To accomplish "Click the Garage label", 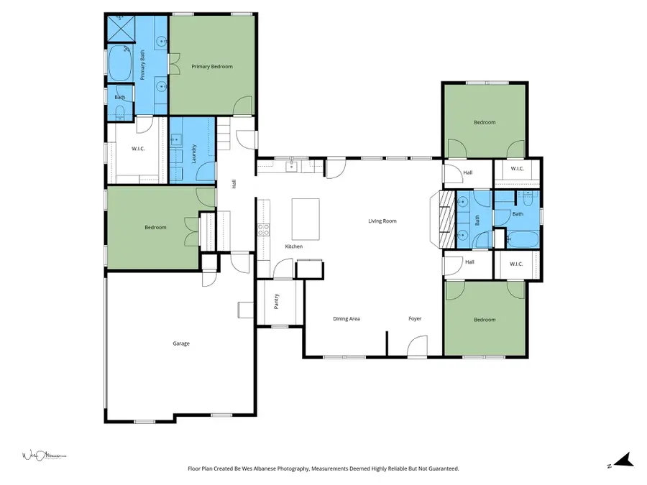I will pos(181,343).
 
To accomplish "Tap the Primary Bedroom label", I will pos(212,66).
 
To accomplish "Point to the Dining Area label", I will pos(346,318).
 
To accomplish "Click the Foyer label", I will pos(415,318).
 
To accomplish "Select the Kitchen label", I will pos(293,246).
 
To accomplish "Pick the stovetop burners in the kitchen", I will pos(264,230).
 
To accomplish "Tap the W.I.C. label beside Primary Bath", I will pos(139,149).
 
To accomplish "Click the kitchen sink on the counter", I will pos(292,167).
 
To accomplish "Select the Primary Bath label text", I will pos(142,68).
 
